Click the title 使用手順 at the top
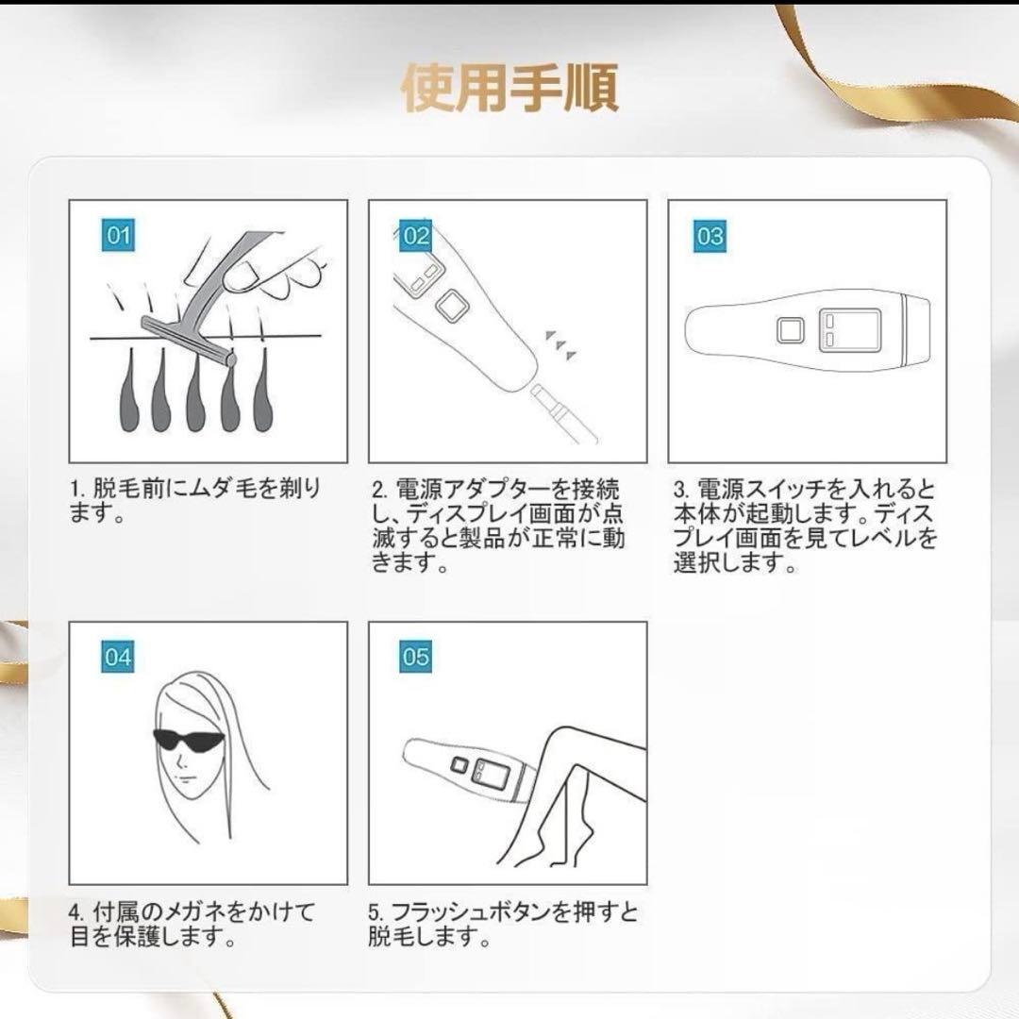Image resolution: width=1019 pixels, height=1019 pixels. [509, 88]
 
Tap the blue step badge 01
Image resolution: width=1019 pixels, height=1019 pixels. [118, 235]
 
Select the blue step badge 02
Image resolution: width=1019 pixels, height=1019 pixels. [416, 235]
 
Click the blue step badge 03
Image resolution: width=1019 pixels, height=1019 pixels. [710, 235]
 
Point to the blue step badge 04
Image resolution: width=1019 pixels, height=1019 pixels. [118, 656]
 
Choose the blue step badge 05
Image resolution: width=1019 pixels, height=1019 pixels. [416, 656]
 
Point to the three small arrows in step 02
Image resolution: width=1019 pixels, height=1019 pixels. [562, 344]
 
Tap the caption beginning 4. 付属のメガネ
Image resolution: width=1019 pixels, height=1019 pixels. [192, 925]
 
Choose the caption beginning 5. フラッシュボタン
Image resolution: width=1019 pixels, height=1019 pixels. [502, 925]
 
